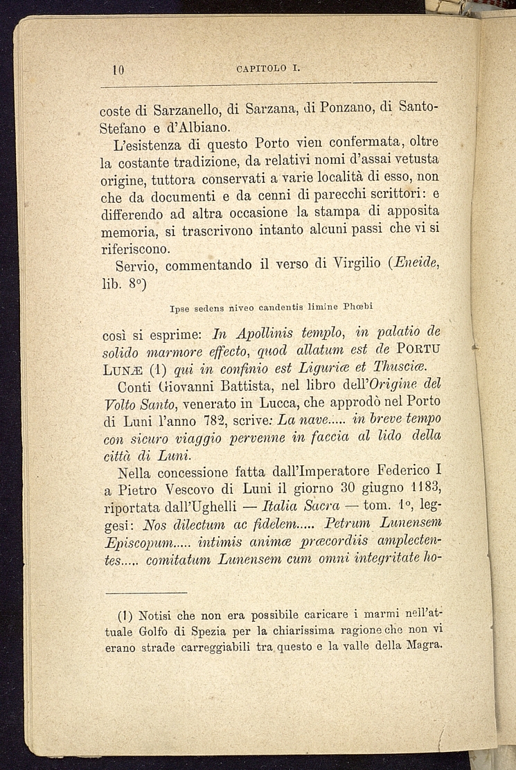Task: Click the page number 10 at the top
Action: [117, 69]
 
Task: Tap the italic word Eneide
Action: [416, 265]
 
